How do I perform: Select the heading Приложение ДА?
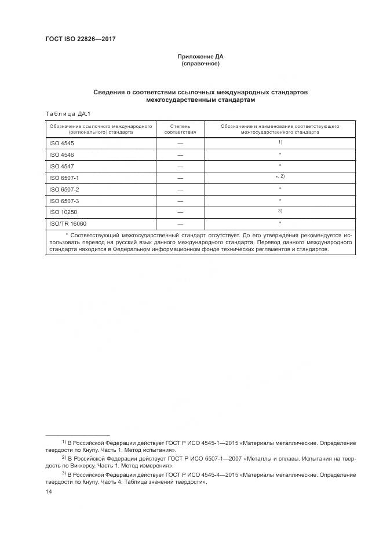(200, 57)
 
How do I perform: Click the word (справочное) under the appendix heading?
(200, 64)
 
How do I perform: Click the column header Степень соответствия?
(180, 128)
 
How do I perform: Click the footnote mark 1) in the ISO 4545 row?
(280, 142)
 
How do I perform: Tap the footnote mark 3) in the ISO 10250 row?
(280, 211)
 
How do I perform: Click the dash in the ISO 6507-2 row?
(180, 189)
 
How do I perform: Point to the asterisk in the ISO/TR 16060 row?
(280, 223)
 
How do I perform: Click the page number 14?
(49, 491)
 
